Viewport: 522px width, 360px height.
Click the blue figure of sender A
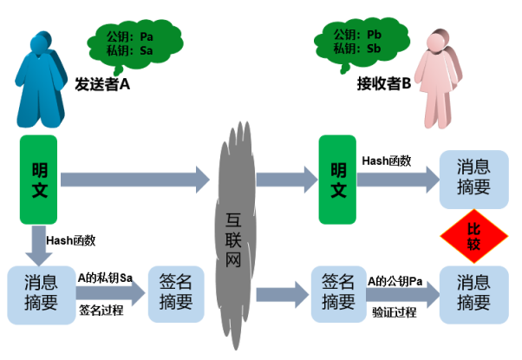click(x=42, y=78)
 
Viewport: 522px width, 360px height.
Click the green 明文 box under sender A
click(x=39, y=180)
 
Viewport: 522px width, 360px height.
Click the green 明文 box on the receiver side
click(x=337, y=180)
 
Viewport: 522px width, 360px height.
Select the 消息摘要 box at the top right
click(x=473, y=179)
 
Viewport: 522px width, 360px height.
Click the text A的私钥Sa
click(x=105, y=278)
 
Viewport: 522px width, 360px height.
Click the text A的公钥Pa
click(x=395, y=280)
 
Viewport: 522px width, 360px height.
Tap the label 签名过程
click(x=101, y=308)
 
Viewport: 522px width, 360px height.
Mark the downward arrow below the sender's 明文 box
click(x=39, y=246)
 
